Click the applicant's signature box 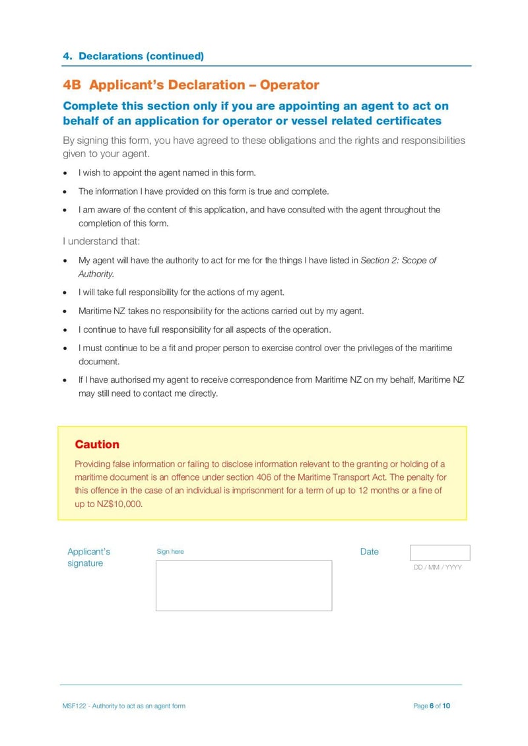point(244,586)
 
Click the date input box point(440,553)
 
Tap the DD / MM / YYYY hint point(438,567)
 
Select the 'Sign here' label point(170,552)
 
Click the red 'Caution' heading point(97,444)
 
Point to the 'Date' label point(370,552)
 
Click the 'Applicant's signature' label point(88,557)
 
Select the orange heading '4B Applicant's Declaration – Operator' point(191,85)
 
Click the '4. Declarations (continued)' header point(133,56)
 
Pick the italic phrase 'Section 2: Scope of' point(398,261)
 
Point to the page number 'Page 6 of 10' point(432,706)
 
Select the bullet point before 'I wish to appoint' point(65,173)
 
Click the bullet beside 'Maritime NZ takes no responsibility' point(65,311)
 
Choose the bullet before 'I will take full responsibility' point(65,292)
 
